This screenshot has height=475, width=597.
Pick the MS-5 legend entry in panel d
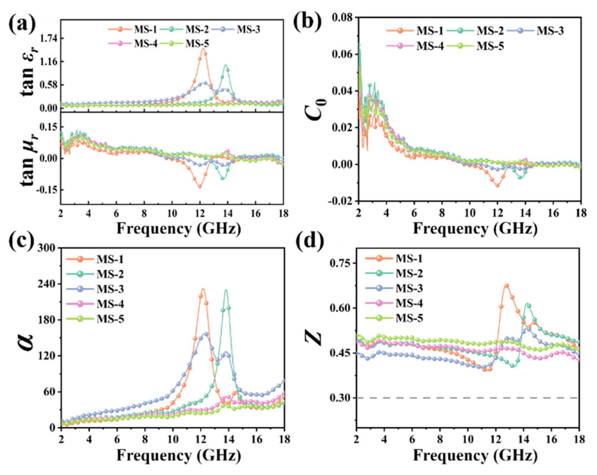pos(409,319)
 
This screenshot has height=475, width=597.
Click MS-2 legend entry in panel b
pos(490,31)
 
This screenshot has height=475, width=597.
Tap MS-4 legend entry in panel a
pos(146,44)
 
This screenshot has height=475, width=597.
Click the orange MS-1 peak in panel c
pos(203,289)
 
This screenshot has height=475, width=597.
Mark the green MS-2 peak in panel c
pos(226,290)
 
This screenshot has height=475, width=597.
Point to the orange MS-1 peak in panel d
pos(506,285)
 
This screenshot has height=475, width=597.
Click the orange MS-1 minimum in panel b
pos(497,185)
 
